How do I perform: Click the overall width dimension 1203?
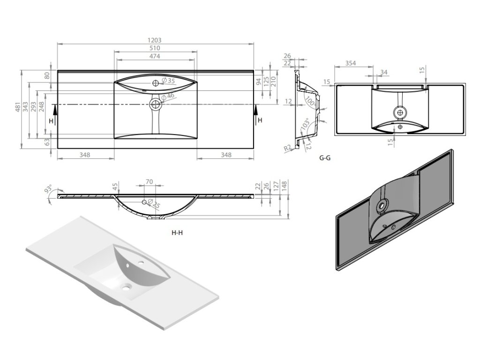[x=155, y=41]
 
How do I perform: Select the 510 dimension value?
[x=155, y=48]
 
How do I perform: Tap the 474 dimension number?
[x=155, y=56]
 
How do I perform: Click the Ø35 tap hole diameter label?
[x=168, y=81]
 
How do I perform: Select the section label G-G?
[x=325, y=158]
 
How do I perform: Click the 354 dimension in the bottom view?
[x=350, y=63]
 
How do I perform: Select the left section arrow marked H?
[x=55, y=114]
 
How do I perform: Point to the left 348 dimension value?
[x=85, y=155]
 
